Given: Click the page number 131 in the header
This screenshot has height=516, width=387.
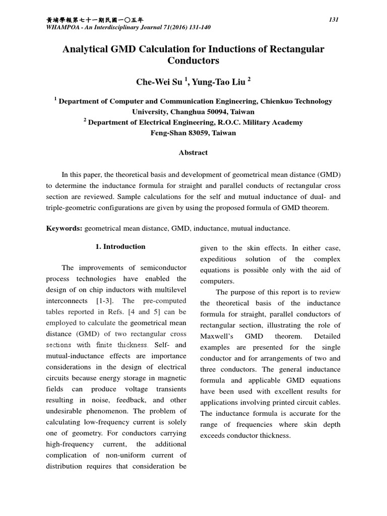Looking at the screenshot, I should point(333,20).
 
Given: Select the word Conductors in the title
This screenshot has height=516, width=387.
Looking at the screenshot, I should point(193,61).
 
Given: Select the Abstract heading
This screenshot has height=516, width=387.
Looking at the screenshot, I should point(193,152).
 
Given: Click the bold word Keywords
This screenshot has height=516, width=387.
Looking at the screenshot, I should point(64,228).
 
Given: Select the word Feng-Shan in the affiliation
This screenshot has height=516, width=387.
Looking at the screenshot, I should point(169,133).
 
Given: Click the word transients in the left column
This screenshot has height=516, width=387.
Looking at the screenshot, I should point(170,390).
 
